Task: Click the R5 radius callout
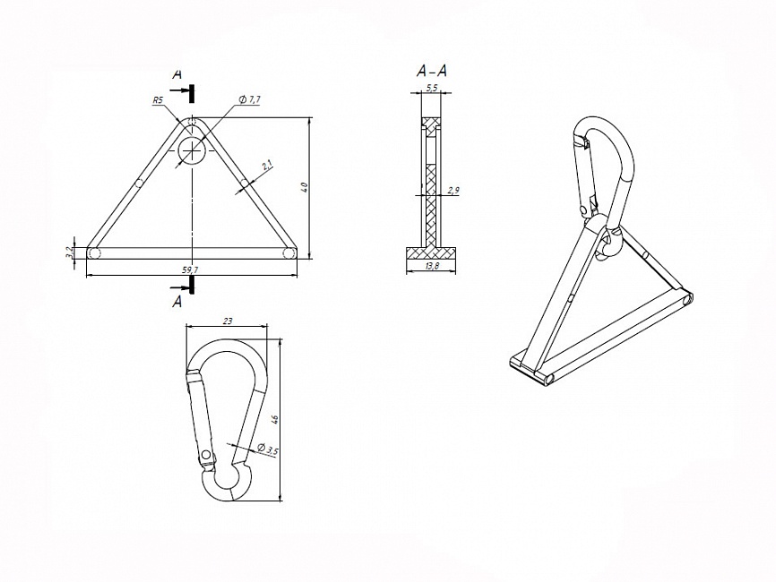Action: [158, 101]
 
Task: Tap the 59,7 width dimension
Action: [190, 269]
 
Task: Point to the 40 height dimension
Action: [305, 187]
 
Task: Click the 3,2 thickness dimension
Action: [69, 253]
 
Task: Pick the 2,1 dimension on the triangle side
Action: [267, 165]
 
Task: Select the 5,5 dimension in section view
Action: [432, 88]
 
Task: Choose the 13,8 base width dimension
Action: [431, 267]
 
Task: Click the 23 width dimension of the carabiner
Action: [228, 320]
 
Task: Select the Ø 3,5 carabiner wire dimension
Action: [268, 449]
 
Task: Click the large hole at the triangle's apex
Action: [192, 150]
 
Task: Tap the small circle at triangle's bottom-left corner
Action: [95, 253]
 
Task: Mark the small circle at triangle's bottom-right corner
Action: [289, 253]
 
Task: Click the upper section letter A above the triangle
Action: [177, 73]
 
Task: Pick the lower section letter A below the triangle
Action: [177, 302]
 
